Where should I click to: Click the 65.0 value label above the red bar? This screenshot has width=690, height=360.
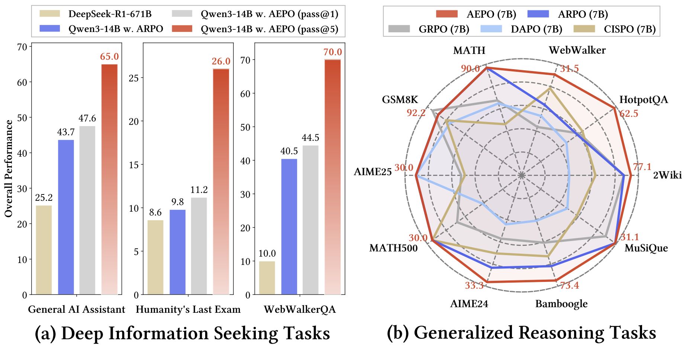(109, 57)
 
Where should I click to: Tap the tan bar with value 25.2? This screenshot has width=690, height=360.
(44, 250)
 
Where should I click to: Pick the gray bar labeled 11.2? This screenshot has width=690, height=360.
(199, 246)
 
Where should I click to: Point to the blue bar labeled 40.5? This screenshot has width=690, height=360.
(289, 226)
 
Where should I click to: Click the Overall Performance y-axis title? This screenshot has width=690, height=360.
(9, 168)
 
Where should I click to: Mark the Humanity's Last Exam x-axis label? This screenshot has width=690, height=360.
(188, 309)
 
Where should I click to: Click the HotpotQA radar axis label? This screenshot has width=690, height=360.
(644, 100)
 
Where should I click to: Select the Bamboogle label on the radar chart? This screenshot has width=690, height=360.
(561, 304)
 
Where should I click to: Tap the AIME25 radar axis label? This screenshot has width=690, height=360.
(373, 172)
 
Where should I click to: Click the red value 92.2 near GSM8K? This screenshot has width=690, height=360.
(416, 113)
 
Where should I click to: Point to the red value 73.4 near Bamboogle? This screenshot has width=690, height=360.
(570, 285)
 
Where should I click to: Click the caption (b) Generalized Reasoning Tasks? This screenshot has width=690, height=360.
(521, 333)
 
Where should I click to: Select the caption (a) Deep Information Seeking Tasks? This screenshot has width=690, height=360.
(182, 333)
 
